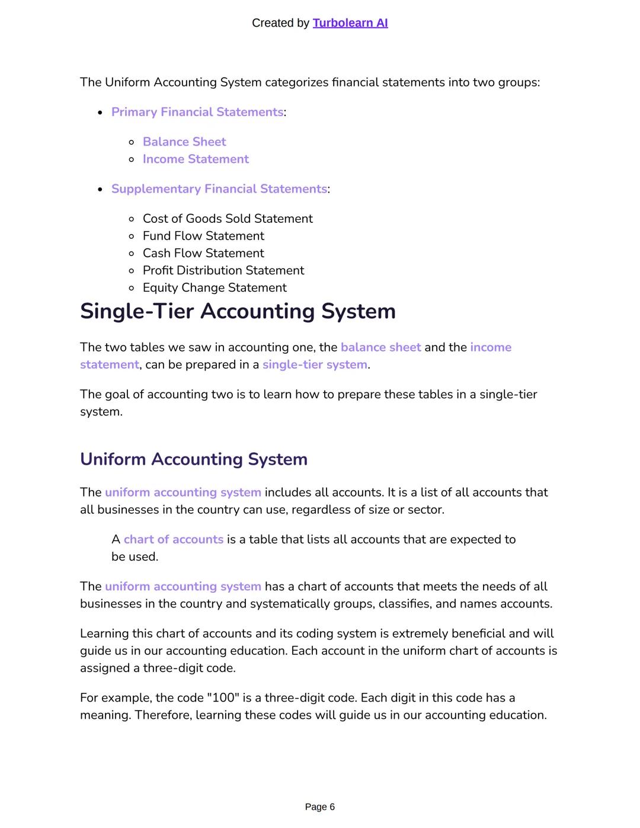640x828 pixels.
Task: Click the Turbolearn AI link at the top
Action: tap(350, 23)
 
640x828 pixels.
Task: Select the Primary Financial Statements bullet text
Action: tap(197, 112)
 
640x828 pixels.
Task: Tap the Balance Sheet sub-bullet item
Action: tap(184, 142)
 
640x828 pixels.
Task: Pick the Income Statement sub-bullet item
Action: tap(196, 159)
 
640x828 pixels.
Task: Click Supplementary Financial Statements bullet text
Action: tap(219, 188)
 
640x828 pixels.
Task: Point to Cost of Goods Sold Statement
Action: tap(227, 219)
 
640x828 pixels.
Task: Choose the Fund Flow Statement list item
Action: tap(203, 236)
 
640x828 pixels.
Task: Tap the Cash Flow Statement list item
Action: tap(203, 253)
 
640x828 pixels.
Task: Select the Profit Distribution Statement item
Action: tap(223, 270)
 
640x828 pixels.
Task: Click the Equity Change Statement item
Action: tap(214, 287)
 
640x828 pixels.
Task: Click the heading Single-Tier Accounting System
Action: tap(238, 311)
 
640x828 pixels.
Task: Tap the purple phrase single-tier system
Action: tap(315, 365)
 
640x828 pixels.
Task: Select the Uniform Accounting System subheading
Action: tap(193, 459)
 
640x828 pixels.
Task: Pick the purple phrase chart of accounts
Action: tap(173, 539)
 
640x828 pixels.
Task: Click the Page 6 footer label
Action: tap(319, 807)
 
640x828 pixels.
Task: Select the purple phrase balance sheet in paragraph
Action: tap(380, 347)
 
